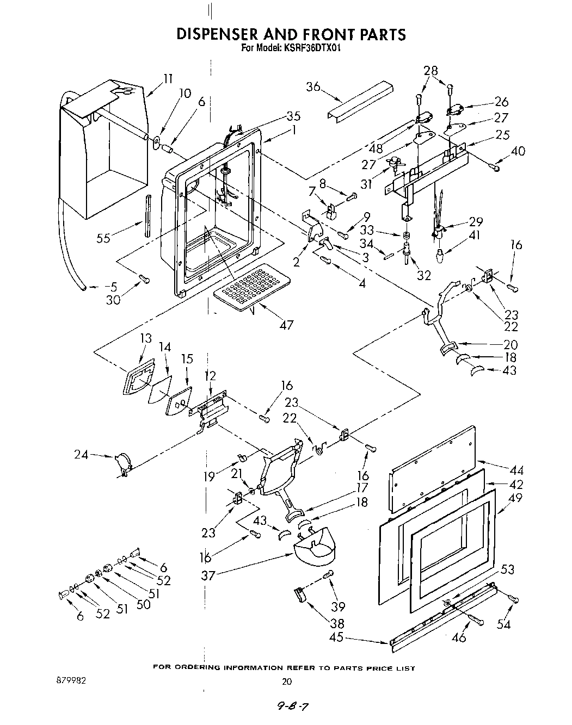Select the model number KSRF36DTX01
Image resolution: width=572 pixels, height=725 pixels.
pos(311,47)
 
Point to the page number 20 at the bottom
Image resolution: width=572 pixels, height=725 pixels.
pos(287,681)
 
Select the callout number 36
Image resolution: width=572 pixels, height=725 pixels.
pos(313,87)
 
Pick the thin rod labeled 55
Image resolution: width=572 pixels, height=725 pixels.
pos(147,214)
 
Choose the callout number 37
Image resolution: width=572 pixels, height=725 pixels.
pos(208,575)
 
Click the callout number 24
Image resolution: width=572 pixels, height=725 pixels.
pos(81,455)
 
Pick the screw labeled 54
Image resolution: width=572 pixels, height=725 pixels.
pos(513,599)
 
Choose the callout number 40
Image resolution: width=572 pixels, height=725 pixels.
pos(518,151)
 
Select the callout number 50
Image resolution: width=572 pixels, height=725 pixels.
pos(144,603)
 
